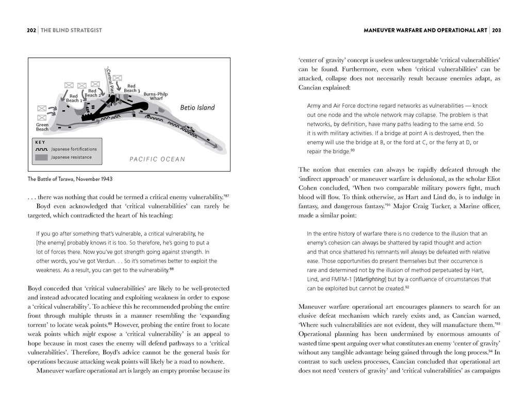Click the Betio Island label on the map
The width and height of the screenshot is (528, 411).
click(x=197, y=108)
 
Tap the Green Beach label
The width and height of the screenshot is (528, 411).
click(x=42, y=127)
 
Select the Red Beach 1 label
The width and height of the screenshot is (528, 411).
click(x=74, y=98)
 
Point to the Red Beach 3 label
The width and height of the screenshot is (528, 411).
click(x=131, y=88)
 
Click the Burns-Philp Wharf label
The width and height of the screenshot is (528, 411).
click(x=156, y=96)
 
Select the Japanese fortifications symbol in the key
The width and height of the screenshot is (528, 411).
click(x=42, y=149)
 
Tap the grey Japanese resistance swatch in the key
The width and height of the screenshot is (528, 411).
click(x=42, y=157)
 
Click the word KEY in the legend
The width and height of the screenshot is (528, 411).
click(x=40, y=141)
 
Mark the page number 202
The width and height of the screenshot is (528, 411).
click(x=31, y=30)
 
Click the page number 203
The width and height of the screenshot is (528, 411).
click(x=497, y=30)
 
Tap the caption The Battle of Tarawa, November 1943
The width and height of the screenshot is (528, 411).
click(x=70, y=179)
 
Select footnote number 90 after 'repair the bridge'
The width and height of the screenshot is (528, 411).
click(x=353, y=150)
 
